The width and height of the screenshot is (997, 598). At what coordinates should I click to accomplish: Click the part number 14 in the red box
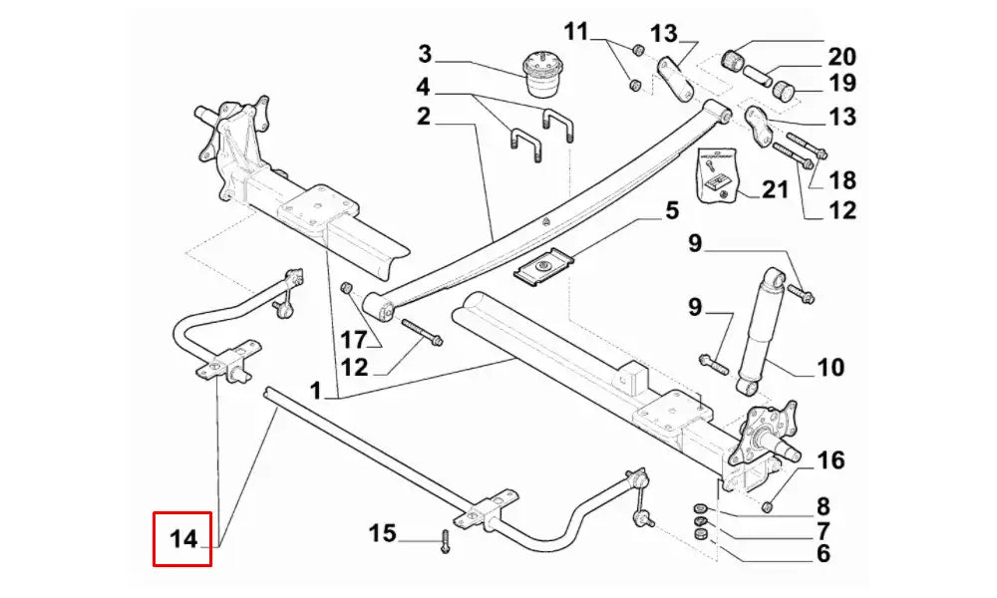pos(182,540)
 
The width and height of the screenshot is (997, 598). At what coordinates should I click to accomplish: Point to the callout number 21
pos(774,188)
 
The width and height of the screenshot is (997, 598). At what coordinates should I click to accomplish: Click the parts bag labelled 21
pos(719,174)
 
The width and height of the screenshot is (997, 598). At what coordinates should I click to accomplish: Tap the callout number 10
pos(831,368)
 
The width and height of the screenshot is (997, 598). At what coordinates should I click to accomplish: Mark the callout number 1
pos(316,394)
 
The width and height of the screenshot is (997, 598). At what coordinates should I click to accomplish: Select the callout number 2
pos(424,117)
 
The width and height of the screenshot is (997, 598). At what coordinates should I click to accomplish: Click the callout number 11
pos(576,30)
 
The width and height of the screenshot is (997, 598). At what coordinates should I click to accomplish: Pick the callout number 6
pos(823,554)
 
